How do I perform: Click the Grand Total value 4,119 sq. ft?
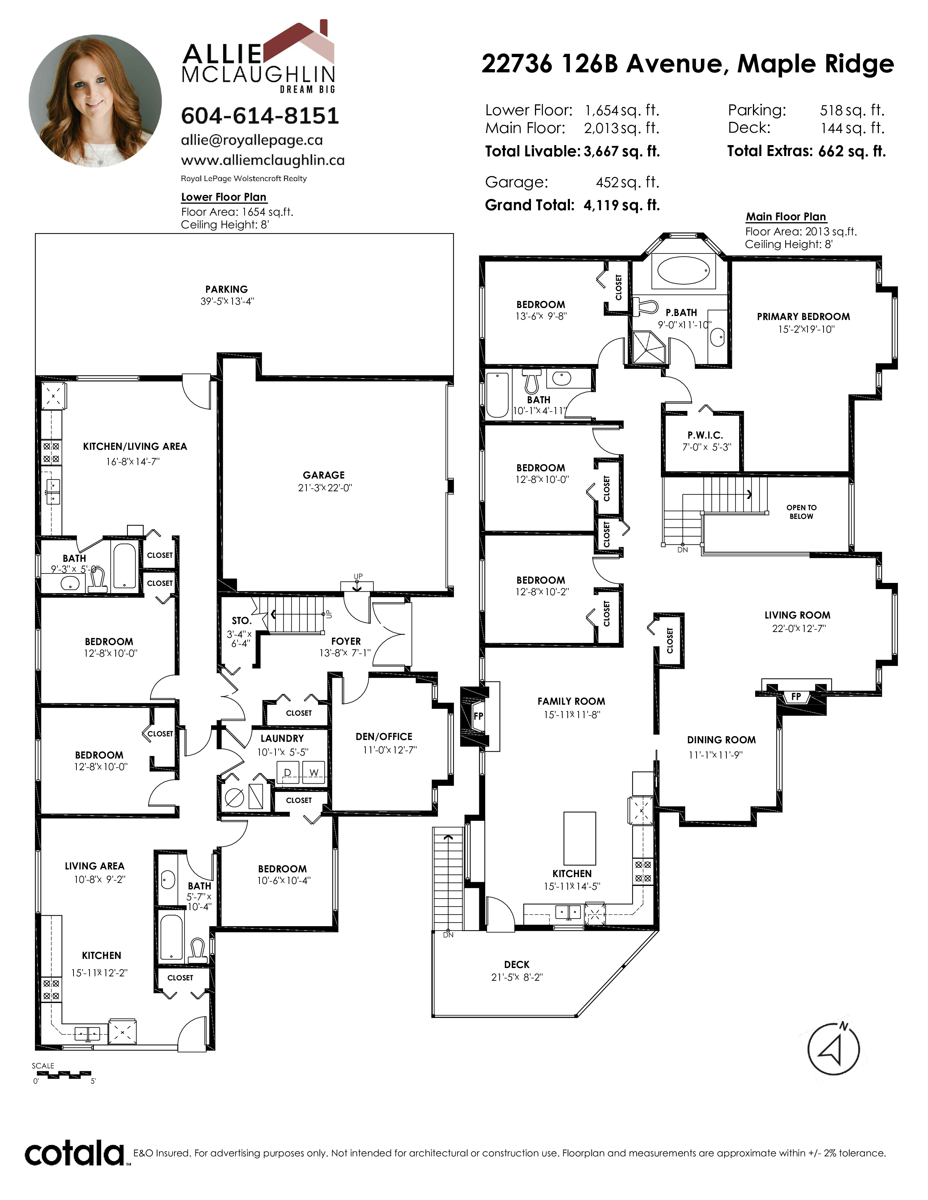click(621, 205)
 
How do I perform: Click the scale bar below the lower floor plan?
click(62, 1074)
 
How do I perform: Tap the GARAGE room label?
click(324, 475)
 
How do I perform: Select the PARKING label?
click(226, 289)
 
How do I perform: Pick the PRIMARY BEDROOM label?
click(803, 316)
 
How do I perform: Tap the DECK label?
click(517, 964)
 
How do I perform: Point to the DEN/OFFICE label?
click(384, 736)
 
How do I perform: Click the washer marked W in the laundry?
click(313, 772)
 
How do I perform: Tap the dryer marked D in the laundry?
click(287, 772)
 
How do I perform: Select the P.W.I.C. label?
click(705, 435)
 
